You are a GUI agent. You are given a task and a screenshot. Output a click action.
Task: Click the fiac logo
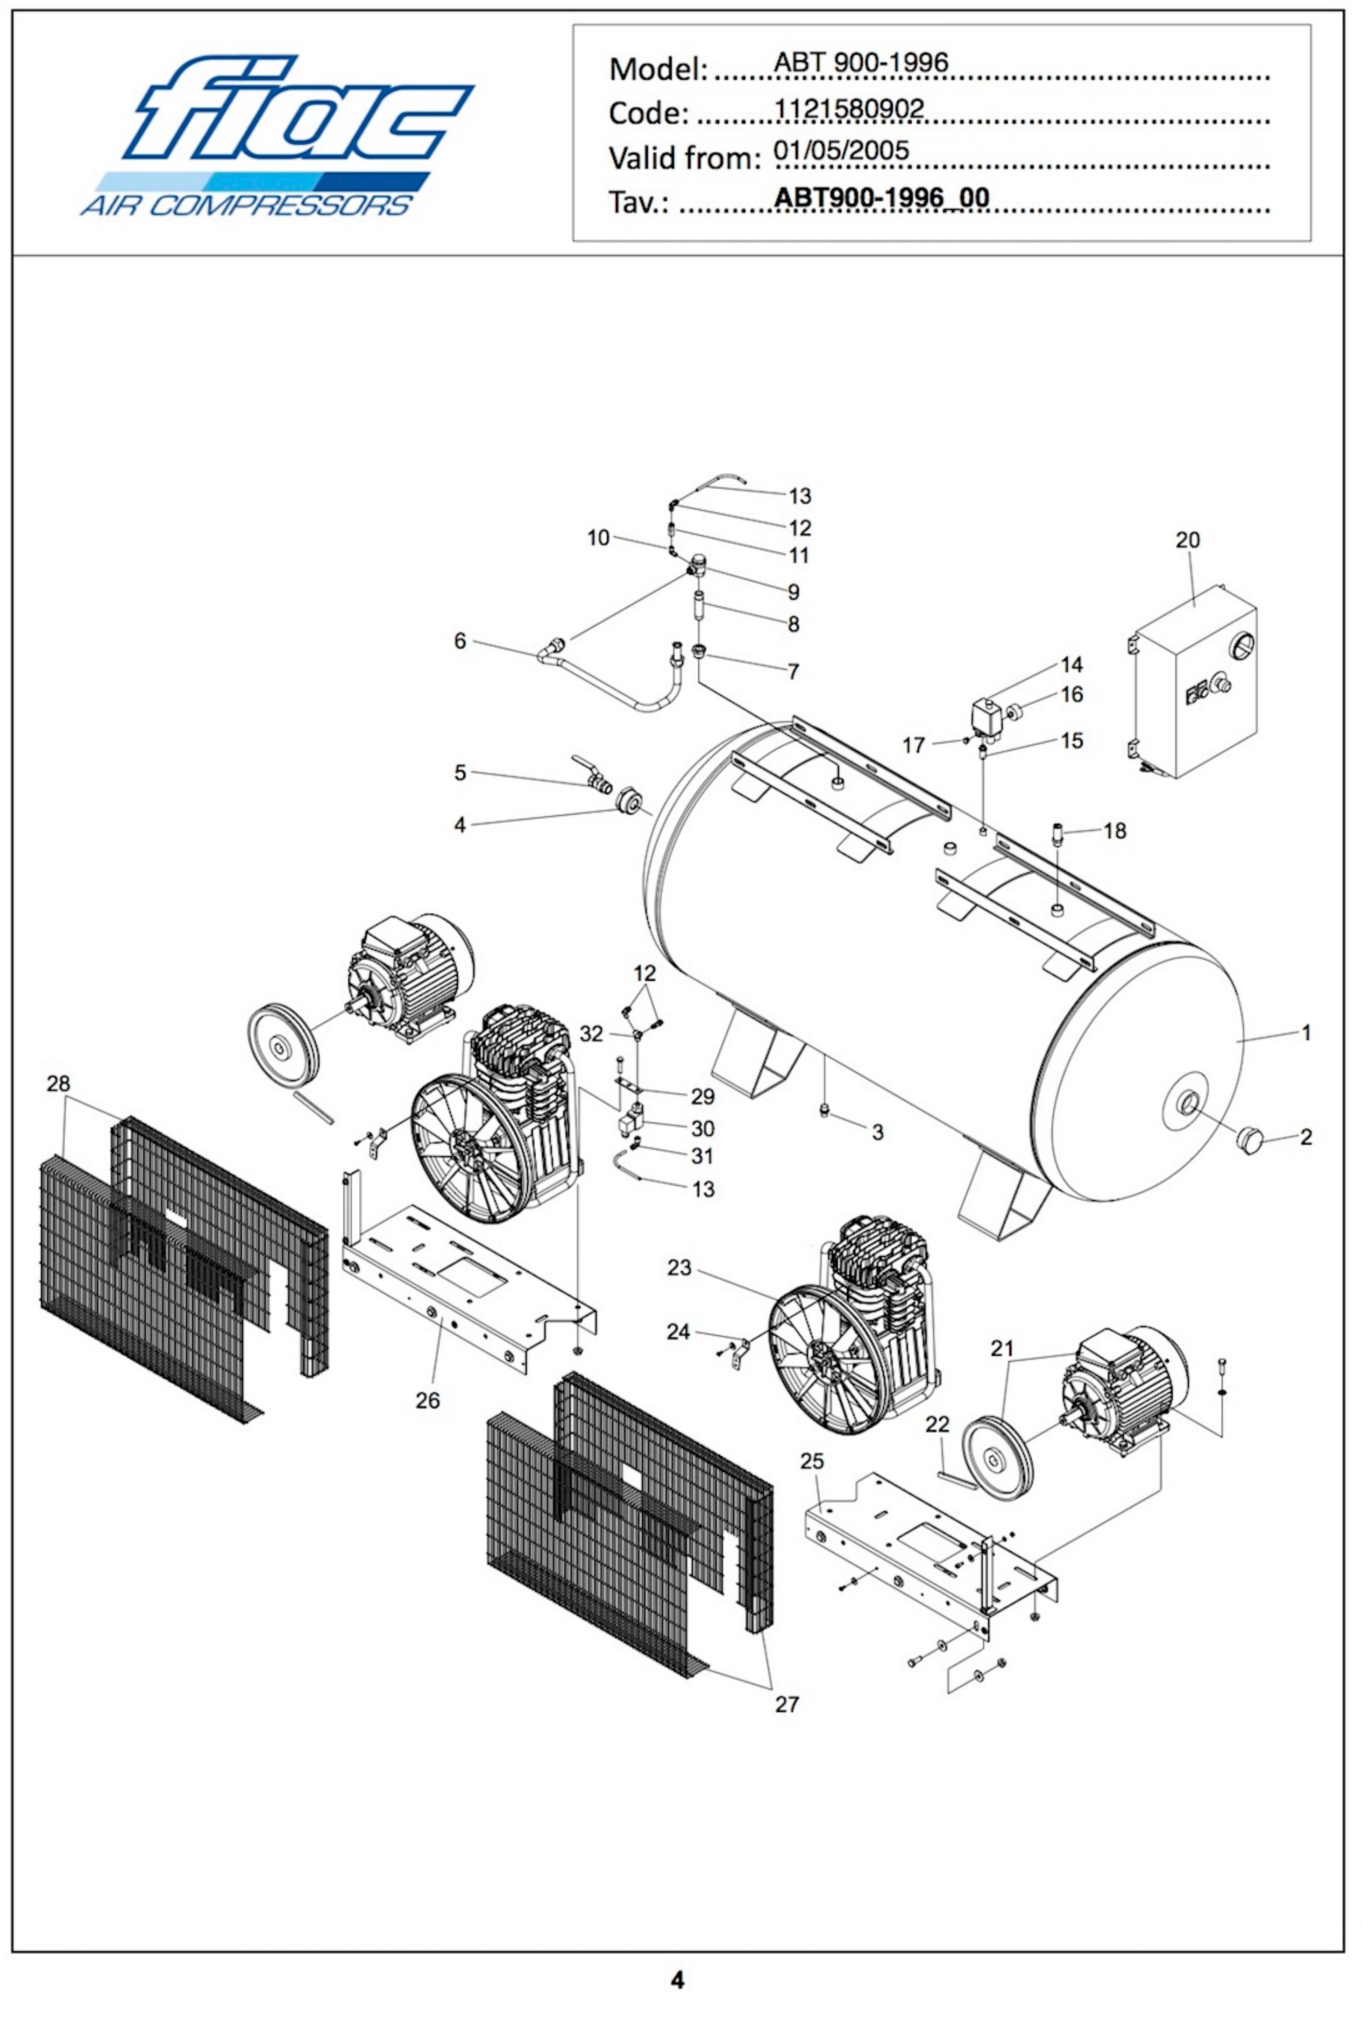[x=276, y=135]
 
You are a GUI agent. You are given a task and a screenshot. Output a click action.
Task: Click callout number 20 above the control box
[x=1187, y=540]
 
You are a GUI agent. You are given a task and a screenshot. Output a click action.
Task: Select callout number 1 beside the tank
[x=1305, y=1033]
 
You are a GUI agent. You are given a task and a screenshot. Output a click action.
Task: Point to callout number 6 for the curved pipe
[x=461, y=641]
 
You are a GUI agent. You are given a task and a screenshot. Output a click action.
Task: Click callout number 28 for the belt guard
[x=59, y=1084]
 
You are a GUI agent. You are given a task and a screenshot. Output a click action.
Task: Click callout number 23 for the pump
[x=679, y=1268]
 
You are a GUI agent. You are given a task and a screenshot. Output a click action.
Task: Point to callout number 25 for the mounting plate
[x=811, y=1461]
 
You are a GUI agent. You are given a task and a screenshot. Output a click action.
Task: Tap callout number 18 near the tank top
[x=1114, y=831]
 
